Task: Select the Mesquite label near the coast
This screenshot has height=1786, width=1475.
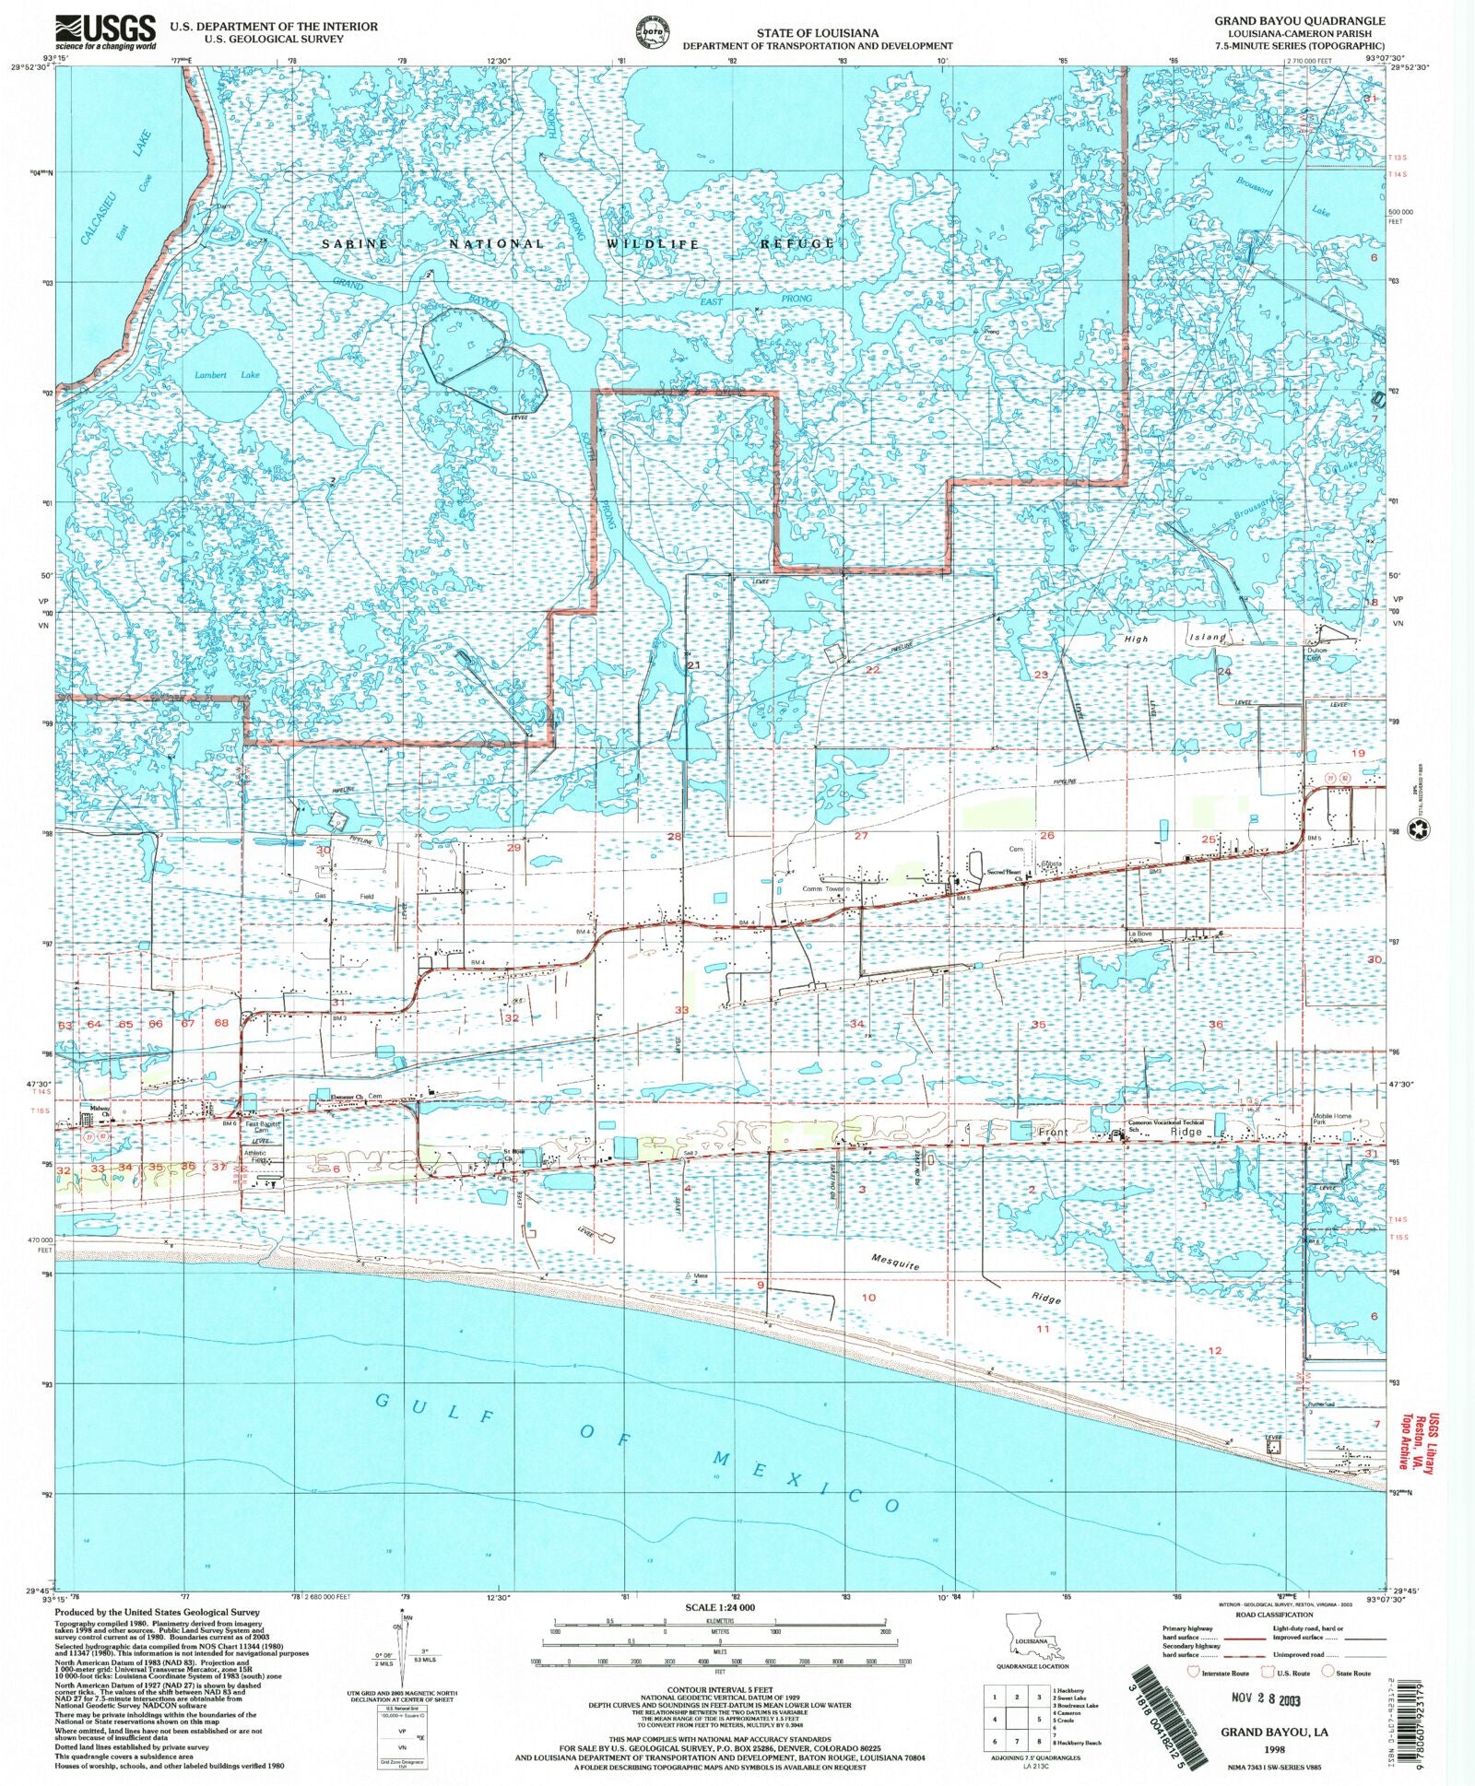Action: tap(895, 1263)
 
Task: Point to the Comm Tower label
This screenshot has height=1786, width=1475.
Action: tap(823, 889)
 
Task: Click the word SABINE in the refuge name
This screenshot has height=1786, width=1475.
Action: tap(355, 243)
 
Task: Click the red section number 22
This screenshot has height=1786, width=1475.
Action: tap(872, 670)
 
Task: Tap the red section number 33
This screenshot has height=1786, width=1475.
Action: tap(681, 1010)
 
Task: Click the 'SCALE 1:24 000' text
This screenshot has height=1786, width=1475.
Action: tap(719, 1607)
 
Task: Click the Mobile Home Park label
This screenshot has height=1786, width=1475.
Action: tap(1332, 1119)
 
